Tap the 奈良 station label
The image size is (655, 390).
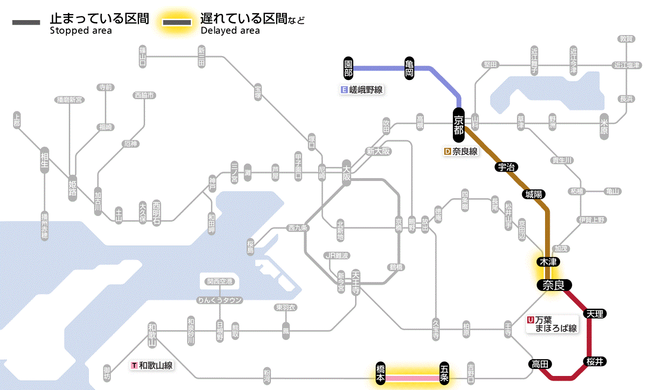click(554, 285)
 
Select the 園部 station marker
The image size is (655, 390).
click(348, 68)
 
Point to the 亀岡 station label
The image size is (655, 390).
click(409, 68)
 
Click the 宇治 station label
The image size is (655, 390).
click(507, 167)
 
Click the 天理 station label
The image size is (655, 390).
click(595, 313)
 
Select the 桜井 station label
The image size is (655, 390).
click(595, 361)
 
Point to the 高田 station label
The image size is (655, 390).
click(540, 364)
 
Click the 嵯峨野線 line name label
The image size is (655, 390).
click(363, 90)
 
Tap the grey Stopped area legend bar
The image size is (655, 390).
click(27, 22)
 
